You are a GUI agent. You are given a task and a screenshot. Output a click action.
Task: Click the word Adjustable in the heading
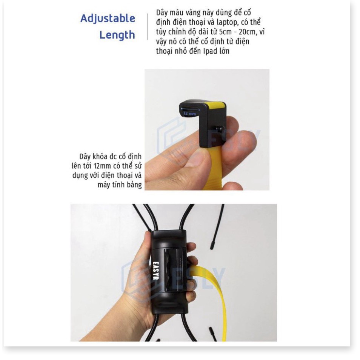point(108,18)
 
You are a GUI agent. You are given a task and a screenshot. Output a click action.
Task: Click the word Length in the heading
point(117,35)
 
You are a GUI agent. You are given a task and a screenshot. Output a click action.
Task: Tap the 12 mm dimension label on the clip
point(190,114)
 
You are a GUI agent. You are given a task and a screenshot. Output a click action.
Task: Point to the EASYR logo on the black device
point(156,271)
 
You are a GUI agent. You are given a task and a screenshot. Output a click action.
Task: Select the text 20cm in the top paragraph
point(247,32)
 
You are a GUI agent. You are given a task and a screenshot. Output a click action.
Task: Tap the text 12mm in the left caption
point(102,166)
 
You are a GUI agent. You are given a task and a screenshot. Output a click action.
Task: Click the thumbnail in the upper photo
point(198,158)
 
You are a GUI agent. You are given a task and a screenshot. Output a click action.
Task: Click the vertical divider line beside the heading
point(148,27)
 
